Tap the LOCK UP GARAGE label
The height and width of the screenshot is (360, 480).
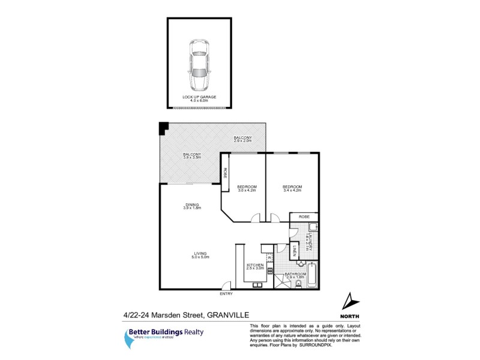[x=199, y=98]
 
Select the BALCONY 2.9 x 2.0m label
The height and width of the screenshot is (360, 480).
[x=242, y=140]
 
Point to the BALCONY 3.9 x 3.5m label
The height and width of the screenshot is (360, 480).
[x=191, y=157]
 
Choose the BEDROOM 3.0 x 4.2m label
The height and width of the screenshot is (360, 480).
[x=246, y=189]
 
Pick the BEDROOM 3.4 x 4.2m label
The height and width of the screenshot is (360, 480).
[x=293, y=189]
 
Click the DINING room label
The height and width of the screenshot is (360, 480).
[x=191, y=207]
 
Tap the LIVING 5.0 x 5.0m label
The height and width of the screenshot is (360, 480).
[x=200, y=255]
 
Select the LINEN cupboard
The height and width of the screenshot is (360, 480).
[x=295, y=250]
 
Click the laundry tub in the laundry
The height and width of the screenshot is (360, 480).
[x=313, y=227]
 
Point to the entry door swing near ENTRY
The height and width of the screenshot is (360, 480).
[x=225, y=287]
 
